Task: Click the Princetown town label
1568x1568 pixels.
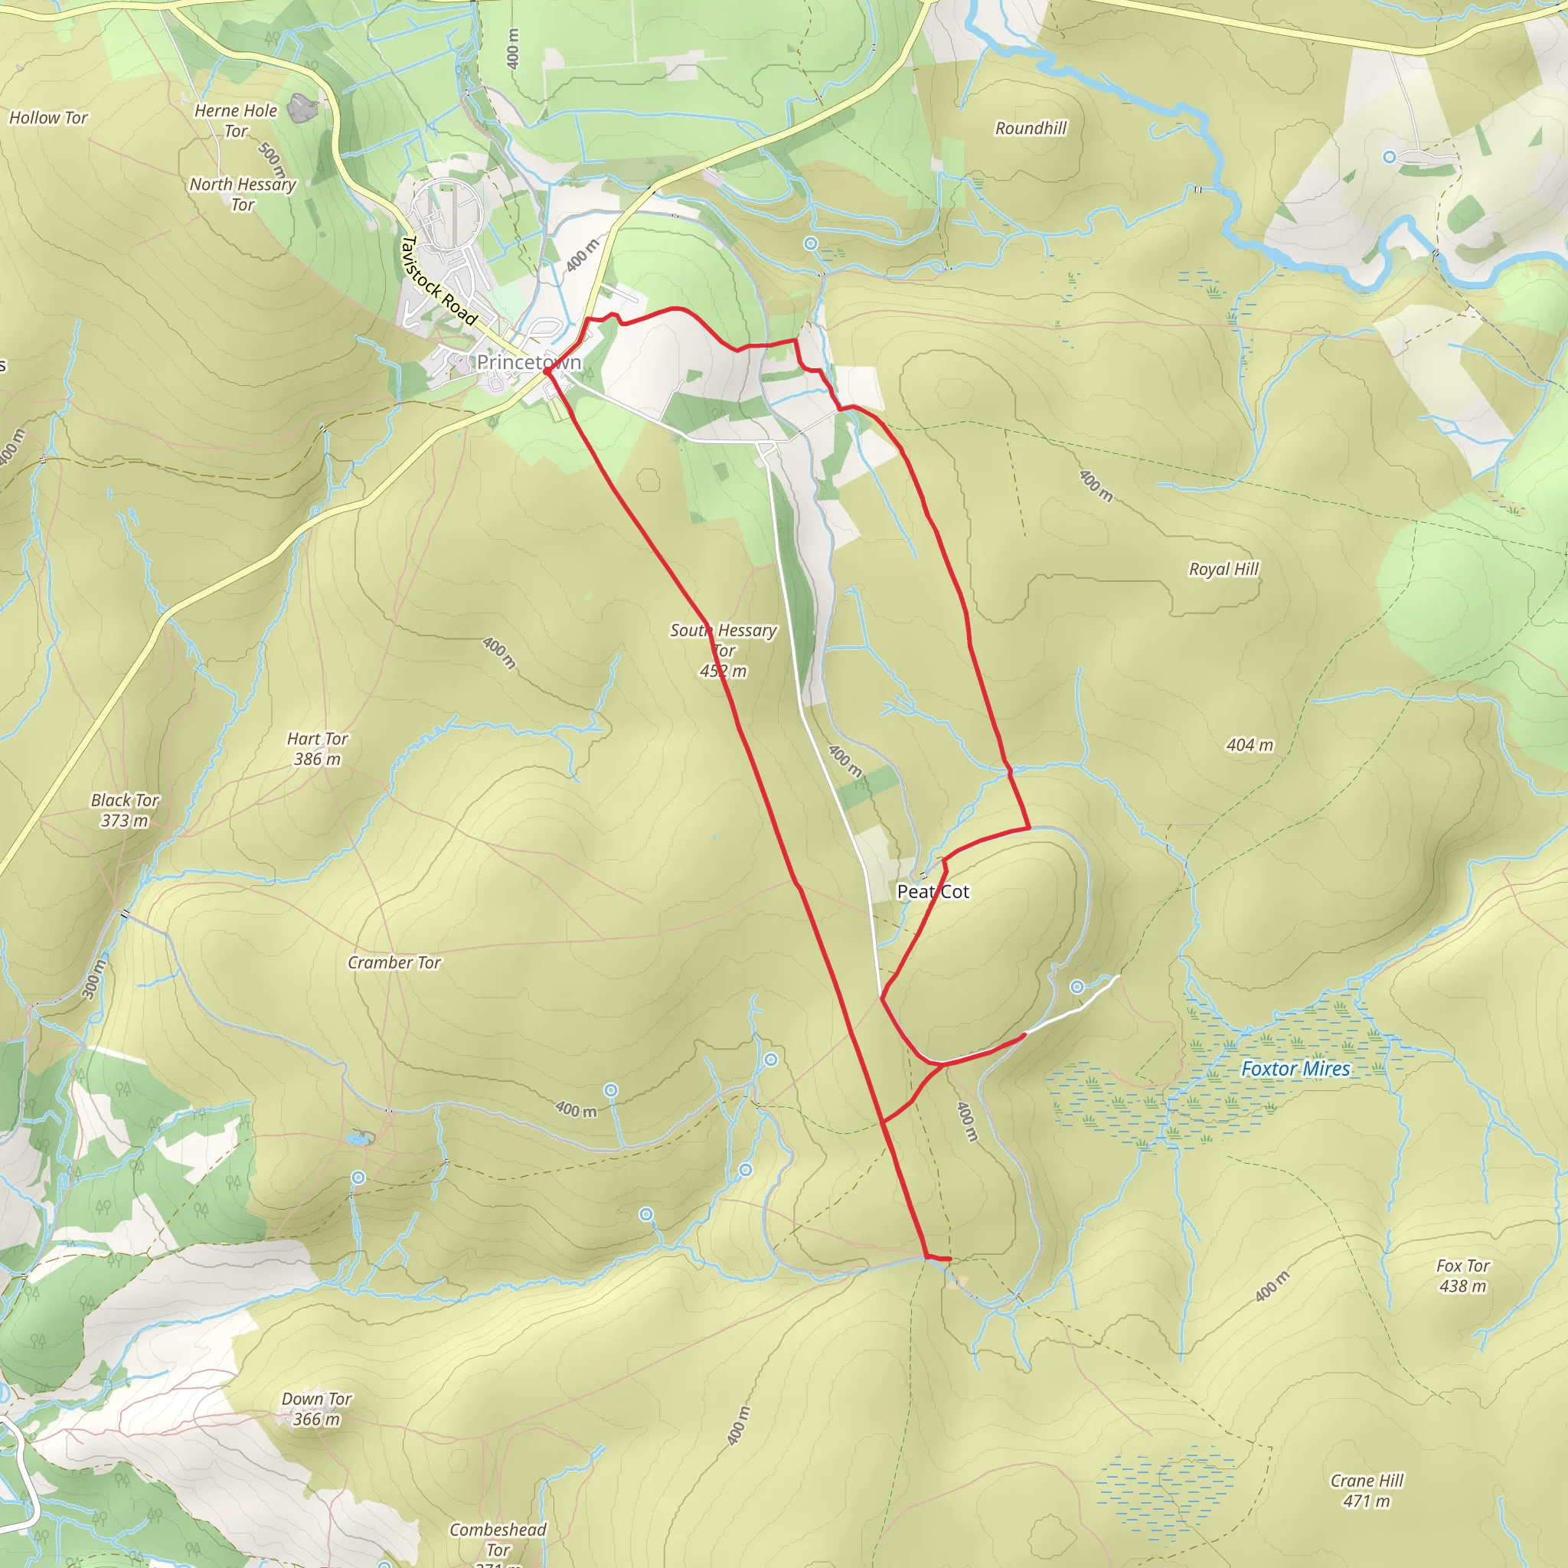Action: click(x=528, y=362)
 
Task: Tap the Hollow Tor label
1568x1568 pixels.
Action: click(x=48, y=118)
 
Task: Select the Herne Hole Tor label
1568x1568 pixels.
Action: click(x=235, y=120)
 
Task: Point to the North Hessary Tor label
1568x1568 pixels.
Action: click(x=242, y=194)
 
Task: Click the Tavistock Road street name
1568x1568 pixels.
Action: click(x=439, y=280)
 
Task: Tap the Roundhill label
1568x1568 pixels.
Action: click(x=1031, y=128)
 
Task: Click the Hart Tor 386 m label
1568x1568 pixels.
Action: click(x=317, y=748)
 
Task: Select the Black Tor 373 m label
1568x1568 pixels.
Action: click(x=125, y=810)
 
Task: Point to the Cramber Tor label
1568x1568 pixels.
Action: click(x=394, y=962)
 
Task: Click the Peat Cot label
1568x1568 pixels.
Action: click(x=933, y=891)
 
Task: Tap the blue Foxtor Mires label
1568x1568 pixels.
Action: click(x=1295, y=1069)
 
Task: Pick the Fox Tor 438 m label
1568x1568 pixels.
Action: click(x=1462, y=1275)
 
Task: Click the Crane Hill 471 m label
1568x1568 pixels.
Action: click(x=1367, y=1490)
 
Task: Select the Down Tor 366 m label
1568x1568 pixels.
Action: click(x=315, y=1408)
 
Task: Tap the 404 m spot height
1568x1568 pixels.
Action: click(x=1249, y=744)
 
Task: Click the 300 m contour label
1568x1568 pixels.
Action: click(x=94, y=978)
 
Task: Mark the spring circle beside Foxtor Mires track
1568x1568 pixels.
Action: click(x=1076, y=987)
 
